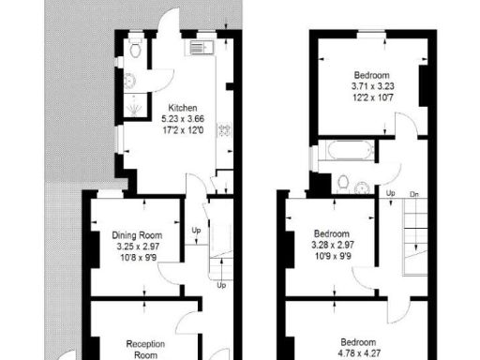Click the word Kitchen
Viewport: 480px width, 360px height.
click(183, 108)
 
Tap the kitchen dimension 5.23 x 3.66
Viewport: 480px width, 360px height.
click(183, 119)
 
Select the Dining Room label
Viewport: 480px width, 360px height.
click(137, 235)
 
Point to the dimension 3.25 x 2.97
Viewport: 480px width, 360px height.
click(137, 247)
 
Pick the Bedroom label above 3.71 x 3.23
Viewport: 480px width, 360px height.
click(372, 75)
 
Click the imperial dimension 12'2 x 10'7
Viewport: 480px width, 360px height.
click(372, 97)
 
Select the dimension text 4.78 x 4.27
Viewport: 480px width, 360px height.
click(358, 352)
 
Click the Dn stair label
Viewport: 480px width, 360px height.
click(413, 193)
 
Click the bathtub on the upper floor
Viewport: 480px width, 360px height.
click(346, 152)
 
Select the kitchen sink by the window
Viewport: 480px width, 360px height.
click(202, 47)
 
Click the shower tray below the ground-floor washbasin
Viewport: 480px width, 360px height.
click(137, 106)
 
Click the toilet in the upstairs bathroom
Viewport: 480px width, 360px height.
click(342, 181)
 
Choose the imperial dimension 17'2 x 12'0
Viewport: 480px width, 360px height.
click(183, 130)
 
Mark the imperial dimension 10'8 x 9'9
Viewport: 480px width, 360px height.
click(137, 258)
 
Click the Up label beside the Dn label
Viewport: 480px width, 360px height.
click(390, 193)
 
